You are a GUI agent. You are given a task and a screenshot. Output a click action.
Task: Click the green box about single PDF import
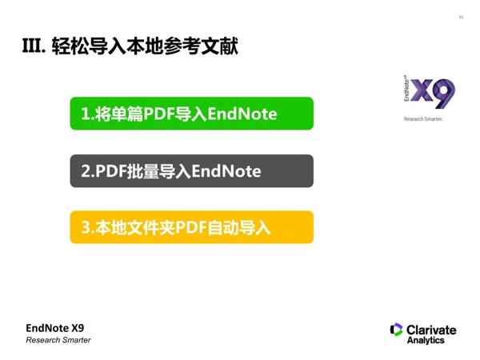pyautogui.click(x=191, y=114)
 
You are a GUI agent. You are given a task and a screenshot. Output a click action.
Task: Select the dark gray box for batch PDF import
pyautogui.click(x=191, y=171)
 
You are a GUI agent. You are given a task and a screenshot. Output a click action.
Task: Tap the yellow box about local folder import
pyautogui.click(x=191, y=228)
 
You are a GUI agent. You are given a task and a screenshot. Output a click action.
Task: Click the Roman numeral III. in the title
pyautogui.click(x=34, y=46)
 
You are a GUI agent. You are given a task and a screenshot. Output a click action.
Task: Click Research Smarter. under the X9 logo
pyautogui.click(x=422, y=118)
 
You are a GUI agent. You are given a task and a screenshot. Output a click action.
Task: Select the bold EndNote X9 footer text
pyautogui.click(x=54, y=327)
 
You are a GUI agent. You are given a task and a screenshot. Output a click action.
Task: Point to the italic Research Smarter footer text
pyautogui.click(x=58, y=340)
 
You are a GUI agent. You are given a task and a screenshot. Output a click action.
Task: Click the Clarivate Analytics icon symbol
pyautogui.click(x=396, y=330)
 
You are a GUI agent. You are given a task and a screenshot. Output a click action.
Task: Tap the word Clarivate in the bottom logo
pyautogui.click(x=431, y=329)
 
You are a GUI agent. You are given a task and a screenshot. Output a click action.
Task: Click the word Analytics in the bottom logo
pyautogui.click(x=426, y=340)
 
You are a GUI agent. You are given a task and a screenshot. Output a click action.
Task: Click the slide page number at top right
pyautogui.click(x=461, y=17)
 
